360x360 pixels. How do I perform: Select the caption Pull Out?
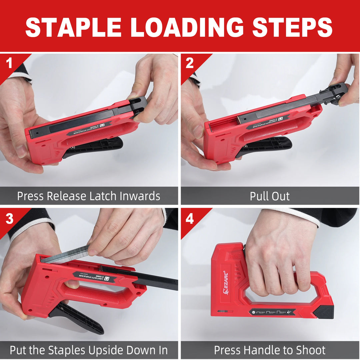click(x=270, y=196)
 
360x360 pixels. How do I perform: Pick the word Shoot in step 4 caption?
click(x=310, y=350)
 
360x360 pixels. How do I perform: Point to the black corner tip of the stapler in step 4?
click(x=324, y=311)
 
